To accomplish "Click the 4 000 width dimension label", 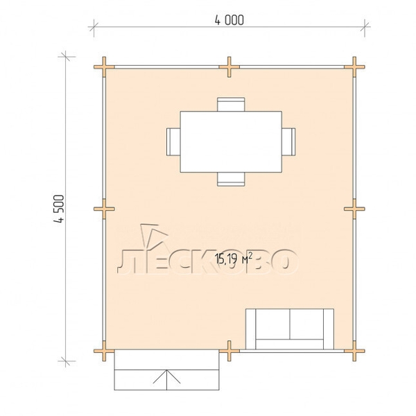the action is [x=229, y=20].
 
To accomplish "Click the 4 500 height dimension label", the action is [x=59, y=209].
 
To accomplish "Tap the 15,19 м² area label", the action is [x=234, y=259].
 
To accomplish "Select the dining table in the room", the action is [x=231, y=142].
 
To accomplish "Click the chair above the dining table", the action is [x=231, y=104].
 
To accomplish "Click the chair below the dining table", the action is [x=231, y=180].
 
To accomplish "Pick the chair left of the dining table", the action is [x=173, y=142].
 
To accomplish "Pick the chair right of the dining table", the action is [x=288, y=142].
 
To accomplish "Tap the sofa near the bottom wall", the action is [x=290, y=329].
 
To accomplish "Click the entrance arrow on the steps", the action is [x=166, y=380].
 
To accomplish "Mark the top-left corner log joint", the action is [x=104, y=67].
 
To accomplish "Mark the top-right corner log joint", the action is [x=354, y=67].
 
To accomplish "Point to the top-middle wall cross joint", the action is [x=229, y=67].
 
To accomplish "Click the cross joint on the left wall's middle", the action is [x=104, y=209].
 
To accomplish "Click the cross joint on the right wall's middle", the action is [x=354, y=209].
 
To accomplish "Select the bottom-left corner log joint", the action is [x=104, y=351].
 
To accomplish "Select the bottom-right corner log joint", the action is [x=354, y=351].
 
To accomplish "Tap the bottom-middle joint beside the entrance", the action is [x=229, y=351].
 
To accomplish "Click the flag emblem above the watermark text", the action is [x=154, y=236].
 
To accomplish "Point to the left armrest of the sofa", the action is [x=250, y=329].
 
